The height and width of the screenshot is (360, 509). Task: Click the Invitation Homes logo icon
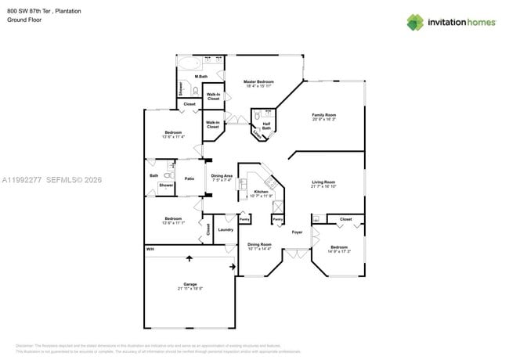[x=414, y=22]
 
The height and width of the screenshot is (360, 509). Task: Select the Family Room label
[x=323, y=115]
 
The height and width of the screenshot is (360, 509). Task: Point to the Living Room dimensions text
[x=323, y=186]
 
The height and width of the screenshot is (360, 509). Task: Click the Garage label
[x=190, y=284]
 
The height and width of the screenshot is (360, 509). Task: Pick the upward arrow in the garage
[x=189, y=257]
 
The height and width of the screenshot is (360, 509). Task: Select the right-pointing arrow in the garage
[x=232, y=267]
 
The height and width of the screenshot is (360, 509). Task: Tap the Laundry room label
[x=226, y=229]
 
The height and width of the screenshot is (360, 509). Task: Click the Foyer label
[x=297, y=232]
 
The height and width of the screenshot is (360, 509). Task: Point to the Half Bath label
[x=266, y=124]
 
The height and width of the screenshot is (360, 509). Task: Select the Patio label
[x=189, y=179]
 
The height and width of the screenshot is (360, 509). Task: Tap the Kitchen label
[x=261, y=191]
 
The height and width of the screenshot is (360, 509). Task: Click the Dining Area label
[x=222, y=176]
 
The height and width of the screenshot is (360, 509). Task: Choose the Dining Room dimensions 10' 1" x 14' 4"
[x=258, y=249]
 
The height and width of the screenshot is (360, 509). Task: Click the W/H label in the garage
[x=150, y=250]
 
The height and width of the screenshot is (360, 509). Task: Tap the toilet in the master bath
[x=196, y=91]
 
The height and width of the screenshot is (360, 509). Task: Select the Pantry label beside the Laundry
[x=244, y=220]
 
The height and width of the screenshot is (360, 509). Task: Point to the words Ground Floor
[x=23, y=20]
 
